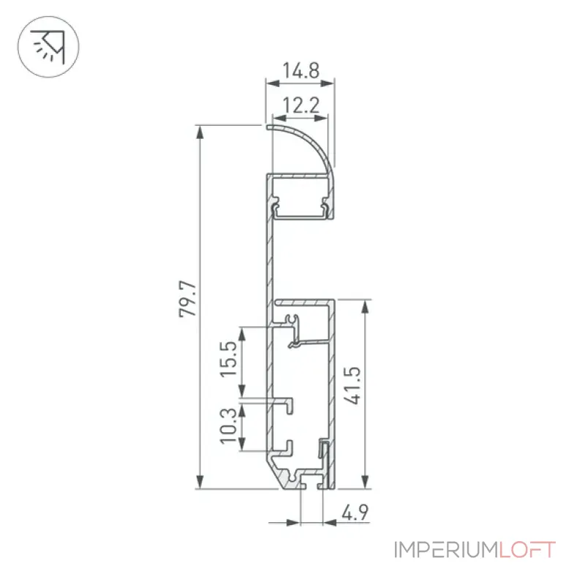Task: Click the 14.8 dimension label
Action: click(301, 70)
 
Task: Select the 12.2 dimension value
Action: click(301, 105)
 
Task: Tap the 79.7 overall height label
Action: click(188, 299)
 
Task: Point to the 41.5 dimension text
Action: click(352, 385)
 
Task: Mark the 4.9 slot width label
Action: click(355, 513)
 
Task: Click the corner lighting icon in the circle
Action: click(48, 47)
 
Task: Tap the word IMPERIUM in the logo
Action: click(446, 550)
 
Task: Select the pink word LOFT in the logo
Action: click(527, 550)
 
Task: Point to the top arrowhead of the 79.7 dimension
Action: click(200, 132)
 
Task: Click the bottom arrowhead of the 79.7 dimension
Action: click(200, 481)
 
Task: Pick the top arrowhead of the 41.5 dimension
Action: click(365, 306)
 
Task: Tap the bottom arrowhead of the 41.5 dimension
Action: click(365, 481)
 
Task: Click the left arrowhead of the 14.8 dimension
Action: click(273, 83)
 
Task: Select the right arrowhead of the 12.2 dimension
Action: click(321, 118)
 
